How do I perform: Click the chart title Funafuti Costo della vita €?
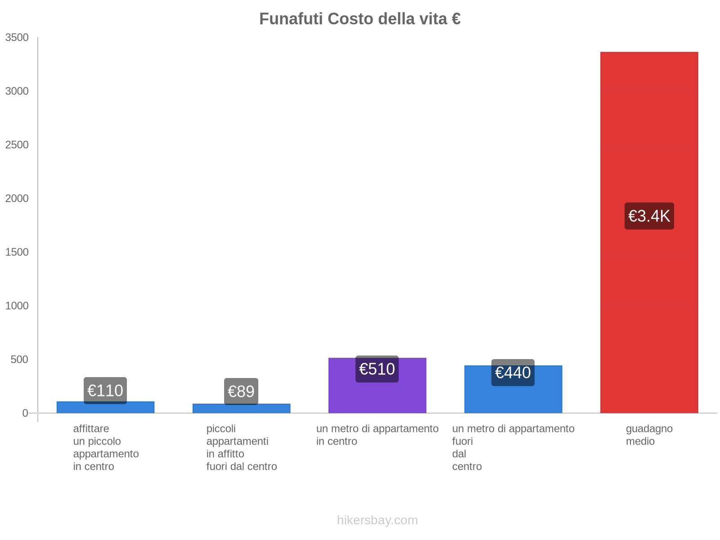point(360,19)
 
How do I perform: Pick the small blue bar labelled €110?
point(105,408)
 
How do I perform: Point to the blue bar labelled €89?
point(241,409)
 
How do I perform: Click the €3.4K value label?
point(649,216)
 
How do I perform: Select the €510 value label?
point(377,369)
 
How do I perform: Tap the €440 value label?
point(513,373)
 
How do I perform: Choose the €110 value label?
point(105,390)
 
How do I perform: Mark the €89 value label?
point(241,391)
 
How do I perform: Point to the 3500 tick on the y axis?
point(17,38)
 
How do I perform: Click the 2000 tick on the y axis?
point(17,198)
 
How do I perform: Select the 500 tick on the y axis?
point(20,360)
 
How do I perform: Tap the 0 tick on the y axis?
point(25,413)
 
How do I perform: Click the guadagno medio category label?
point(649,435)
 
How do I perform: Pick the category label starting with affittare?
point(106,447)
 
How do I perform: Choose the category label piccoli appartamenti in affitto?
point(242,447)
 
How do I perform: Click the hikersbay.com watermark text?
point(377,520)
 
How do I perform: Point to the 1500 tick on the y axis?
point(17,252)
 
